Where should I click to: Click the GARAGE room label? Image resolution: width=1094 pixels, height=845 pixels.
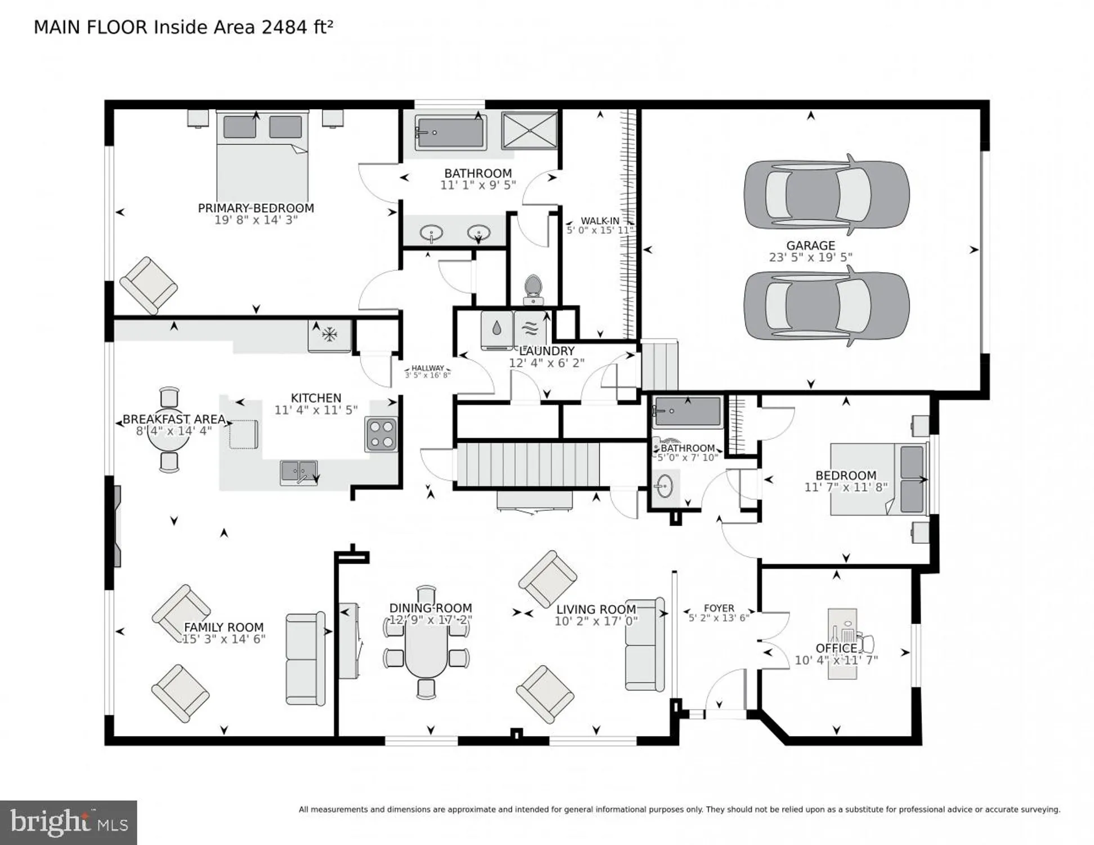(810, 246)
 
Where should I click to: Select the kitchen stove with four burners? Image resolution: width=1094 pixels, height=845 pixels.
(381, 434)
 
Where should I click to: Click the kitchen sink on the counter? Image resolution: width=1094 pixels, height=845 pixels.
(298, 472)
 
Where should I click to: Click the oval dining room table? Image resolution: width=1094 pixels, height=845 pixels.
(426, 643)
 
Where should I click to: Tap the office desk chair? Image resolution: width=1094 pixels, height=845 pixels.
(867, 643)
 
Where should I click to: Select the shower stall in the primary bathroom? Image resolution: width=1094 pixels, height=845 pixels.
(529, 131)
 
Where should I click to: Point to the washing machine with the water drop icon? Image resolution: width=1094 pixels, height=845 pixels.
(497, 329)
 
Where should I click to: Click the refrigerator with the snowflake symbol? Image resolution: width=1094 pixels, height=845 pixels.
(329, 336)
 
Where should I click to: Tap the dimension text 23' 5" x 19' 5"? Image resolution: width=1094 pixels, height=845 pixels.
(810, 257)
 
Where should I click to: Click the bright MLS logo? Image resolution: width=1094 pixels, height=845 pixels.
(69, 822)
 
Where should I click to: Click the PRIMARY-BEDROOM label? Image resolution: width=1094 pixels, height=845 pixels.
(256, 208)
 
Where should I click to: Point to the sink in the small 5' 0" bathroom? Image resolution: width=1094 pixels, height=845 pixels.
(665, 486)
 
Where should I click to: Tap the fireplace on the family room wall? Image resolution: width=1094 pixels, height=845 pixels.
(117, 526)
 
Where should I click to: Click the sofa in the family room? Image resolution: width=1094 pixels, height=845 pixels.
(305, 658)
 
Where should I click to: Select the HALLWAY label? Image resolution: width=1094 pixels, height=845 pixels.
(427, 368)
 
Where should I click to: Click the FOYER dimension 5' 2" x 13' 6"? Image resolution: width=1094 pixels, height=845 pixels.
(718, 618)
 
